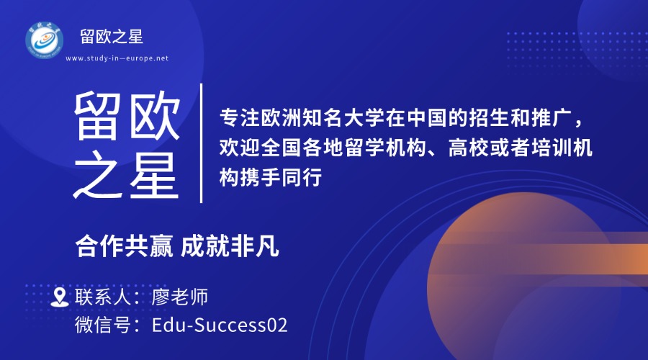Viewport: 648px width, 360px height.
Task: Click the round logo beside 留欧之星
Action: coord(44,40)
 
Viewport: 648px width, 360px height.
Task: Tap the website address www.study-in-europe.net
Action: coord(117,58)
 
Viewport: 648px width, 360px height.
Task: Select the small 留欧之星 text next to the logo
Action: coord(112,37)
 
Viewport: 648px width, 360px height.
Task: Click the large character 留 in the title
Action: coord(97,116)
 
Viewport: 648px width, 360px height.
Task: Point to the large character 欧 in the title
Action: coord(155,116)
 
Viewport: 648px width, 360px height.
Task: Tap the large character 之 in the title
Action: coord(97,175)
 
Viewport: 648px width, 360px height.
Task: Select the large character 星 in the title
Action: coord(155,175)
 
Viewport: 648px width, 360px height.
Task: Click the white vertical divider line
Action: coord(202,143)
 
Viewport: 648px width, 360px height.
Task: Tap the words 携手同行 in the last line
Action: coord(281,177)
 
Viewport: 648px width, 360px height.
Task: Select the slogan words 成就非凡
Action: coord(230,247)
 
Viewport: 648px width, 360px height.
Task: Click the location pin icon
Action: coord(60,297)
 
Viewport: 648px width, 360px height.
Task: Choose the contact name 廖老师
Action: coord(180,297)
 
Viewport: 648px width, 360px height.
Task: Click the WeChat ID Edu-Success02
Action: coord(220,325)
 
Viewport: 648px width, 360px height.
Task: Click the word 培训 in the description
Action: coord(552,148)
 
